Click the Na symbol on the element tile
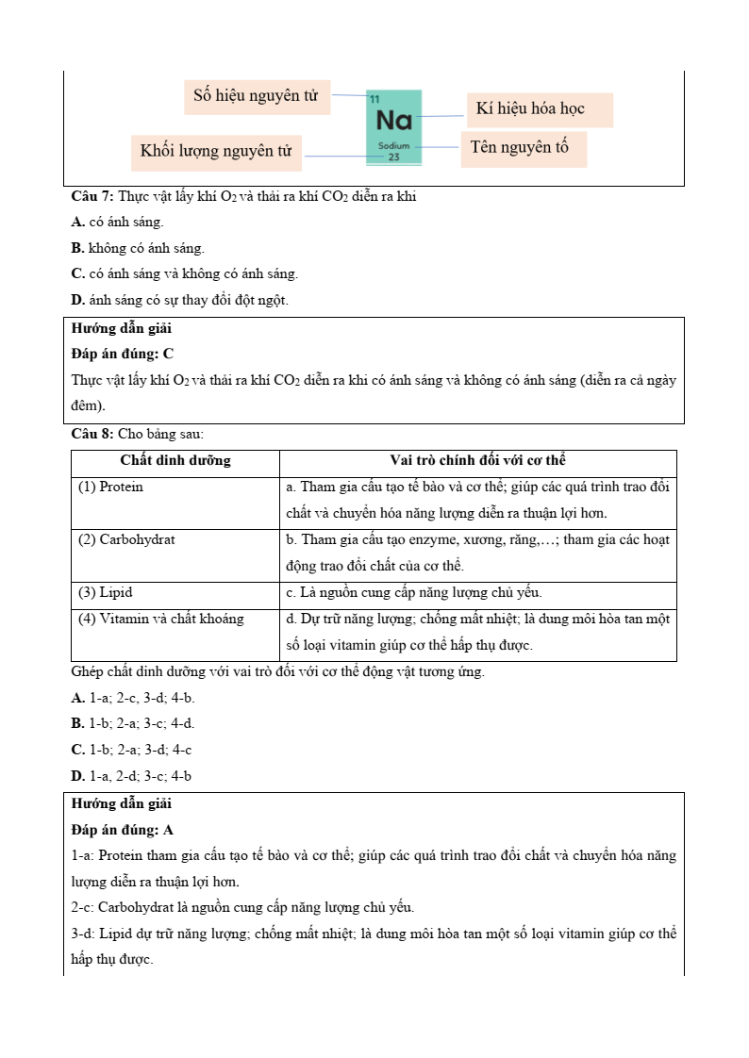pyautogui.click(x=393, y=121)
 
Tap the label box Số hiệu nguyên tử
pyautogui.click(x=257, y=96)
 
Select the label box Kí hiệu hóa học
pyautogui.click(x=539, y=109)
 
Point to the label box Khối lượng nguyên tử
pyautogui.click(x=216, y=152)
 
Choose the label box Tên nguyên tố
pyautogui.click(x=523, y=148)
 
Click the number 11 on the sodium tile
pyautogui.click(x=374, y=99)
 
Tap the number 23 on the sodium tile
pyautogui.click(x=393, y=157)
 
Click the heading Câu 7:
pyautogui.click(x=92, y=196)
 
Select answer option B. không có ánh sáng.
pyautogui.click(x=138, y=248)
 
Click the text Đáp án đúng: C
pyautogui.click(x=123, y=354)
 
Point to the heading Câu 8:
pyautogui.click(x=92, y=434)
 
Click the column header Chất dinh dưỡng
pyautogui.click(x=175, y=461)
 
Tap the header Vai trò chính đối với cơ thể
pyautogui.click(x=477, y=461)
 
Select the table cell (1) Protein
pyautogui.click(x=111, y=488)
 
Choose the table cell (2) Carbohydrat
pyautogui.click(x=126, y=540)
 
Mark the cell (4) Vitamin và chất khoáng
pyautogui.click(x=160, y=620)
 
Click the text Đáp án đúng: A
pyautogui.click(x=123, y=831)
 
